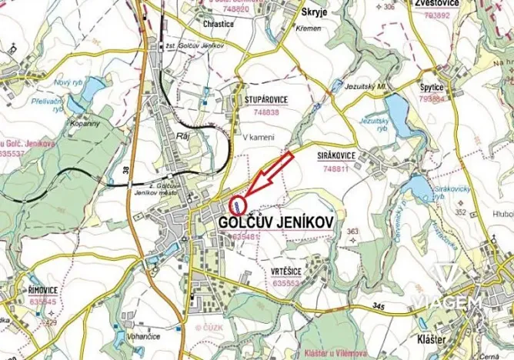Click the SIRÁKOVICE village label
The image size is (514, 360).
click(336, 155)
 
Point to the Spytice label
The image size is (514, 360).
click(432, 88)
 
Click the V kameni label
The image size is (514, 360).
click(258, 137)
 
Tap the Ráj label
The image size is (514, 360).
click(183, 135)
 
